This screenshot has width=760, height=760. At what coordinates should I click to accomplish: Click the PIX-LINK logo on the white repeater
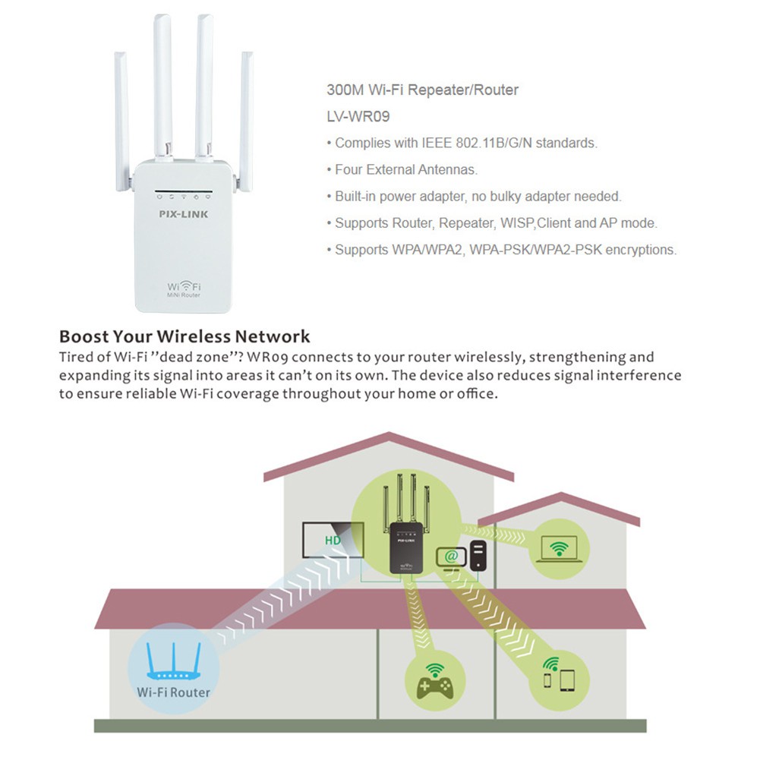(x=184, y=214)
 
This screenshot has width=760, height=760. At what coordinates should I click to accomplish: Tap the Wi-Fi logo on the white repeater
(x=184, y=288)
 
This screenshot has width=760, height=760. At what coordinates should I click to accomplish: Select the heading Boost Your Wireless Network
(x=184, y=336)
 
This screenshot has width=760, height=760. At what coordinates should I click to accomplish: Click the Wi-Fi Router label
(x=174, y=692)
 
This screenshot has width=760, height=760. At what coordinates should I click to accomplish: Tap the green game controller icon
(x=434, y=681)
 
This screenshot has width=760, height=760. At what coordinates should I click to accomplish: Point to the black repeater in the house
(x=402, y=547)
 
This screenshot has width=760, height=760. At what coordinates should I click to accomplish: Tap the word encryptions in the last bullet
(x=640, y=250)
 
